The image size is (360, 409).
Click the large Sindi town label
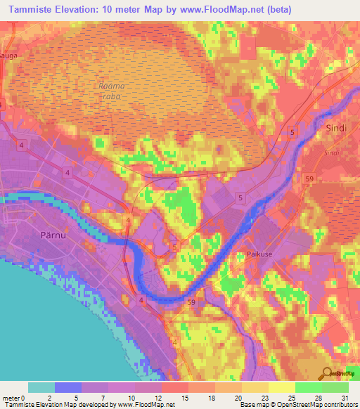pyautogui.click(x=336, y=129)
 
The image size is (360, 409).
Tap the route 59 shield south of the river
pyautogui.click(x=191, y=302)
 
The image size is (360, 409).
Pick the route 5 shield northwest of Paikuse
pyautogui.click(x=240, y=198)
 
